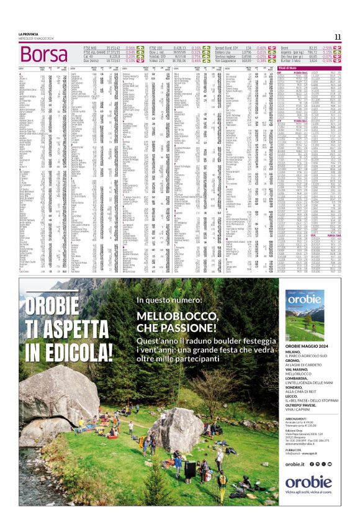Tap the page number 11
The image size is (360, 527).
pos(338,37)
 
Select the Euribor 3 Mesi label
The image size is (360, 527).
pos(292,61)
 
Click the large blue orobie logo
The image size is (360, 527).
pos(308,482)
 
